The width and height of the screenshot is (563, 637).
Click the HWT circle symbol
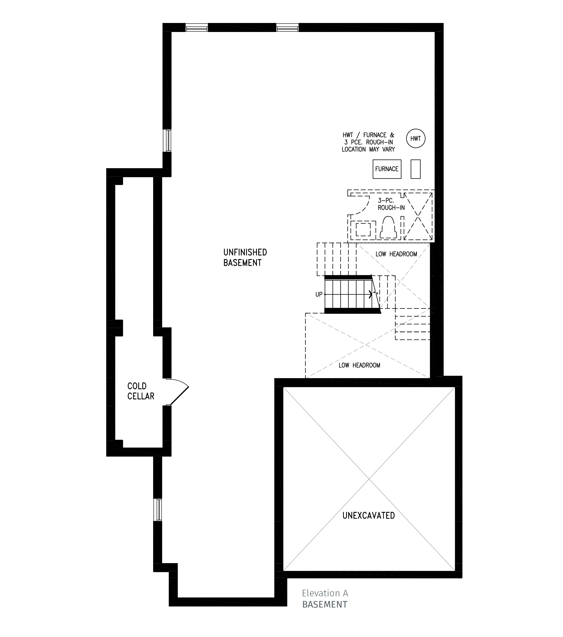[x=415, y=138]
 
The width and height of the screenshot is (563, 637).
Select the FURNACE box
[x=387, y=169]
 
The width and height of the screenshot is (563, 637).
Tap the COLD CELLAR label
[x=140, y=391]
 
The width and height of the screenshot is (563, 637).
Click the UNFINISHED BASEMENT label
[x=245, y=257]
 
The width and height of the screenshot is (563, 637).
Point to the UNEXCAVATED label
[x=369, y=515]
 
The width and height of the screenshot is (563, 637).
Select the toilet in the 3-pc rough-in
[x=388, y=228]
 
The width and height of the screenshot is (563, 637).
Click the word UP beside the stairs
[x=319, y=295]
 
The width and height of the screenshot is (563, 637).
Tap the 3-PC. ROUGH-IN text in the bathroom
[x=391, y=204]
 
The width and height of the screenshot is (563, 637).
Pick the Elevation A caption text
[x=325, y=593]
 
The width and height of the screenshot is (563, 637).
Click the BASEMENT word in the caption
[x=325, y=605]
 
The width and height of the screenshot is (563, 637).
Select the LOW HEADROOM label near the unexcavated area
[x=359, y=365]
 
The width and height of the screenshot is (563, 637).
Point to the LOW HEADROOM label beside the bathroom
[x=396, y=254]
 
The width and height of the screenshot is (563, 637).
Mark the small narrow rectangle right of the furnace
[x=415, y=169]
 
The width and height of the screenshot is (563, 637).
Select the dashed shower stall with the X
[x=418, y=216]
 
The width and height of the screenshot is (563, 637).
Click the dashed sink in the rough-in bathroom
[x=363, y=229]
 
